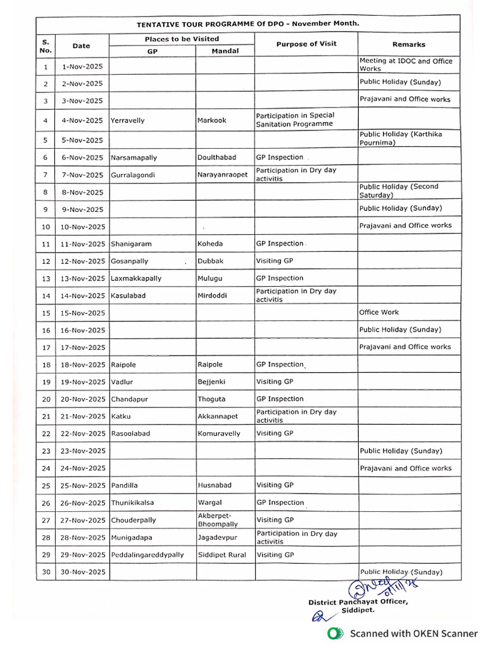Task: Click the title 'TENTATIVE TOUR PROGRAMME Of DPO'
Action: point(247,23)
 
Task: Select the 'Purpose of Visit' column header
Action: point(306,44)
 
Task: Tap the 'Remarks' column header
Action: point(409,44)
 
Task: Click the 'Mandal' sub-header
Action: point(225,51)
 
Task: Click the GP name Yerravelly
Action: point(128,120)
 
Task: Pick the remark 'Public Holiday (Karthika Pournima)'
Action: point(401,139)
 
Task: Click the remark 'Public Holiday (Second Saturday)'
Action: point(399,191)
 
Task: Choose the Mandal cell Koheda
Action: point(210,244)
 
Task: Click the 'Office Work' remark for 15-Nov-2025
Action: point(379,313)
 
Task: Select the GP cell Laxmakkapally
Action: point(136,278)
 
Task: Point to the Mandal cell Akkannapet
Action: point(219,416)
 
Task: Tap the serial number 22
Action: point(46,434)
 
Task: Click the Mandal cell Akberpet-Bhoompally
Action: point(218,520)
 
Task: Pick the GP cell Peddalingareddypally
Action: point(147,555)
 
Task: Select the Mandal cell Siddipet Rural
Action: point(221,555)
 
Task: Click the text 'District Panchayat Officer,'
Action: point(358,602)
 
